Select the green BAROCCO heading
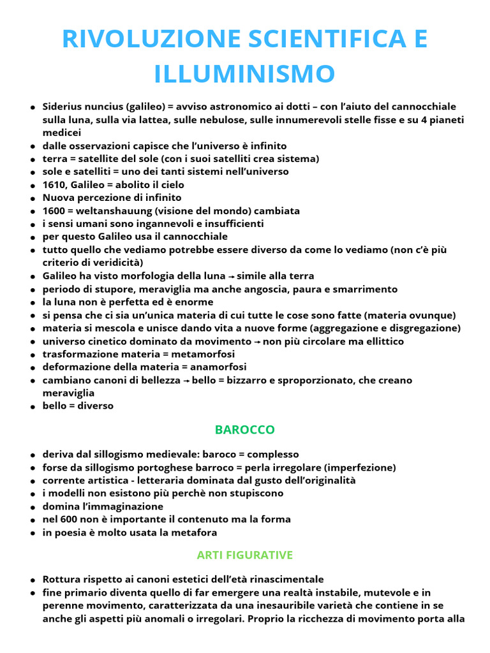(245, 430)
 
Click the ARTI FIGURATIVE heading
(245, 555)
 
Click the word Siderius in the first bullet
(63, 106)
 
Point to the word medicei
(62, 133)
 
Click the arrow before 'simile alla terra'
(231, 277)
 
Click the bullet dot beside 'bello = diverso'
(32, 407)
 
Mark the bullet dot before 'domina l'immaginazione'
(32, 507)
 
